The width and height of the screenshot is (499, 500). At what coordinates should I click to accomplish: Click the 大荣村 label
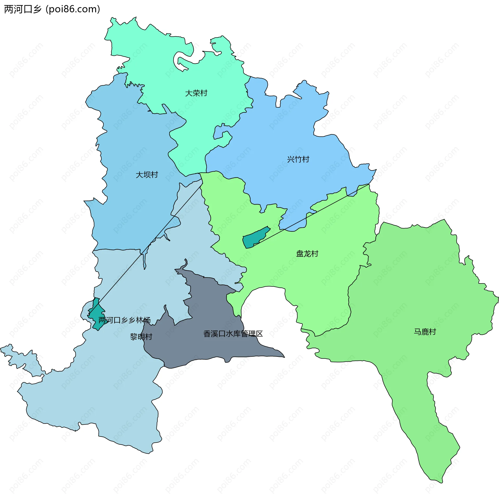click(x=196, y=93)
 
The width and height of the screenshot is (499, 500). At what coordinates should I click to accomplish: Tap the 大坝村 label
click(x=147, y=175)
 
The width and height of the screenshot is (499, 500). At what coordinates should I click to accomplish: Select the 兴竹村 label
click(x=298, y=159)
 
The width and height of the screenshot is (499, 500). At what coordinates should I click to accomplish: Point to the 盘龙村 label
click(x=307, y=254)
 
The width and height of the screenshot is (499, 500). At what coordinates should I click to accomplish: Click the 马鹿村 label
click(x=425, y=332)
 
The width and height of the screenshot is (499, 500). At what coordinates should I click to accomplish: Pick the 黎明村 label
click(x=141, y=337)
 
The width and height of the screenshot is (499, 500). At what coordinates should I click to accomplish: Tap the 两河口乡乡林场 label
click(x=124, y=320)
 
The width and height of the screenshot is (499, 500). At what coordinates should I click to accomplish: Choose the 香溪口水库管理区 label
click(x=233, y=334)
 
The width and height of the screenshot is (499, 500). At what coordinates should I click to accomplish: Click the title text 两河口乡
click(x=23, y=9)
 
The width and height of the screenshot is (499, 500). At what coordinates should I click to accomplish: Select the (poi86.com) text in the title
click(x=73, y=9)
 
